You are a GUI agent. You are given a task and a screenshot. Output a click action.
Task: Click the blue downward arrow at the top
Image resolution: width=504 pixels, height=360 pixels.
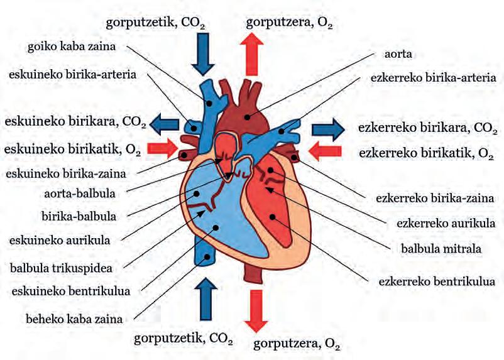click(x=202, y=54)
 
